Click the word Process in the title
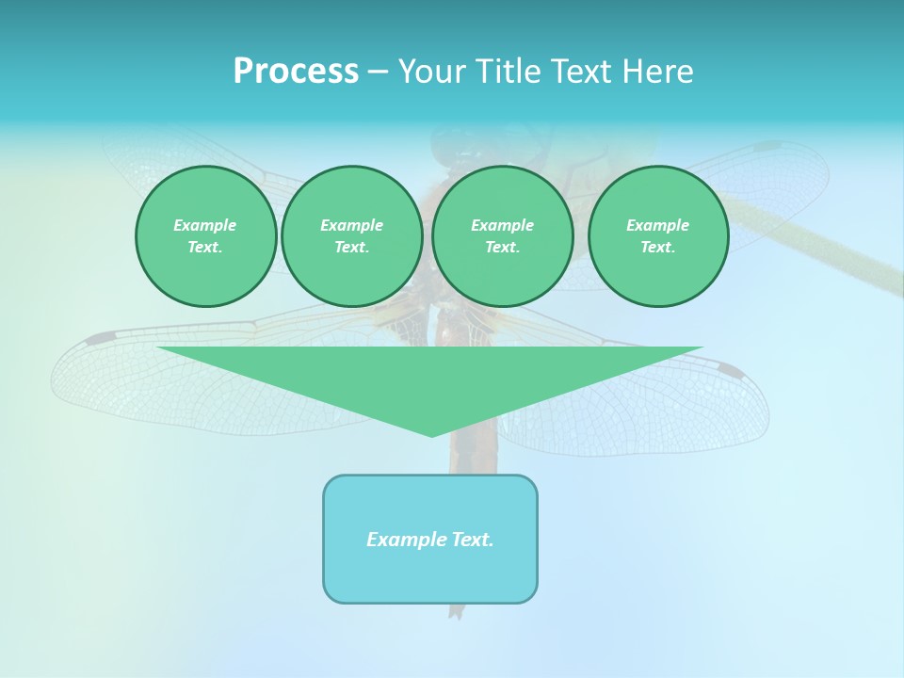[296, 72]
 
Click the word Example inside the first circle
[205, 225]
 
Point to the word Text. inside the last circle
[658, 247]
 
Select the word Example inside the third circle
[503, 225]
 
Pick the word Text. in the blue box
[474, 540]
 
